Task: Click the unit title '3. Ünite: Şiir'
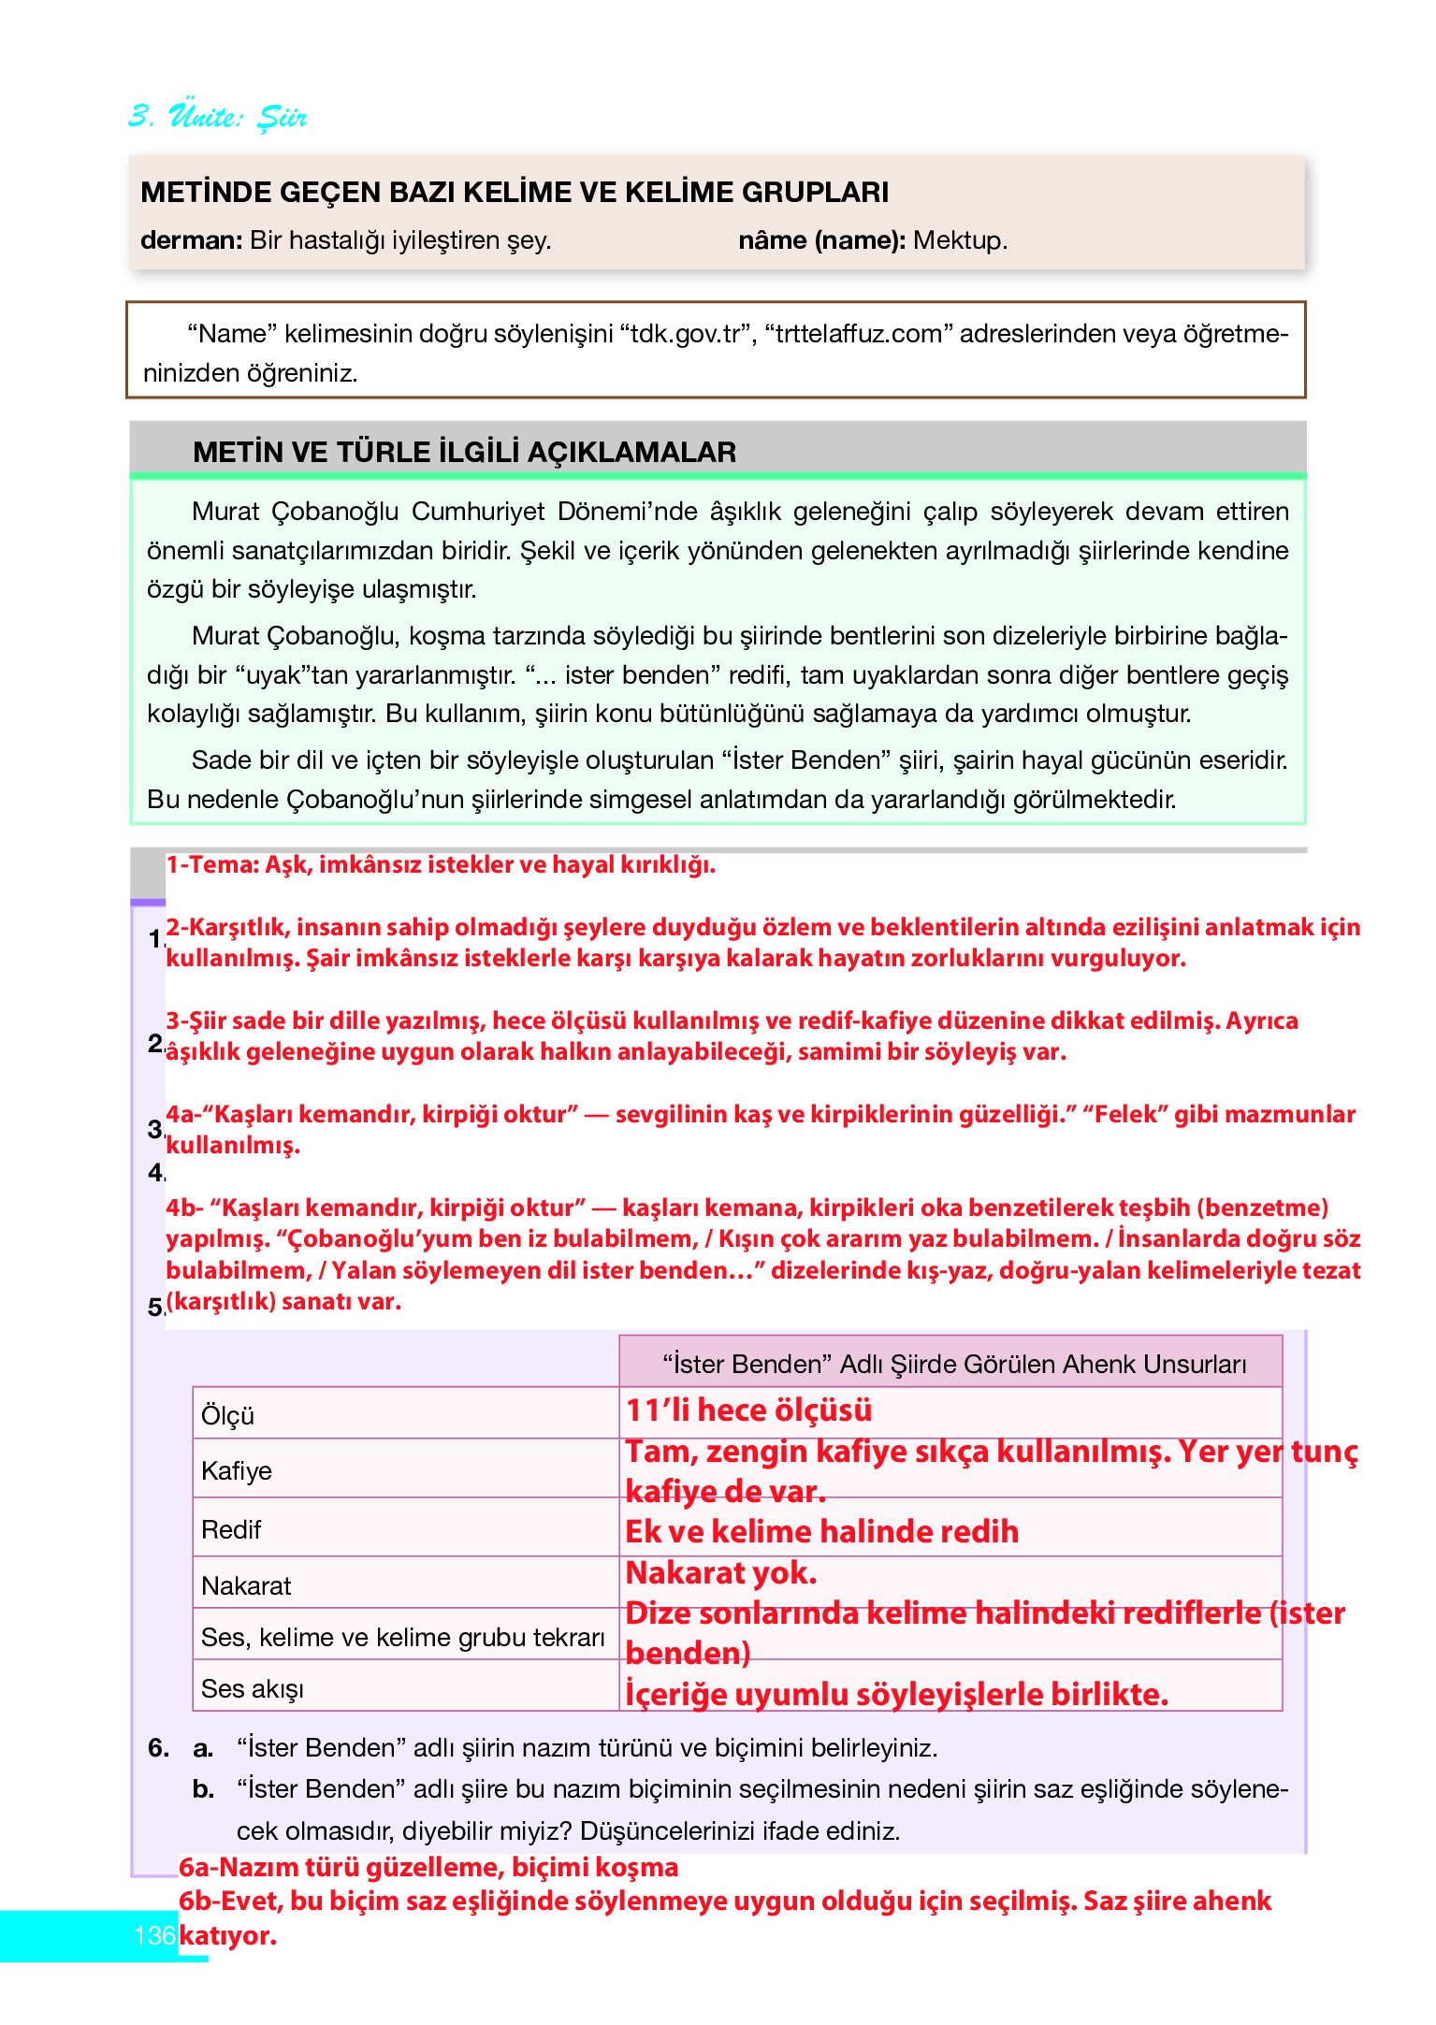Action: [x=217, y=116]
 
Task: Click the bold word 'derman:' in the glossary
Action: [x=192, y=240]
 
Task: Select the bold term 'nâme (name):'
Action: [x=821, y=240]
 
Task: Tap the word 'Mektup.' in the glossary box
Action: [x=961, y=240]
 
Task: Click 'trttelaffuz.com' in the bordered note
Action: [x=859, y=334]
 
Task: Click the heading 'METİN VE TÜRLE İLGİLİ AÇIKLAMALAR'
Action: [x=464, y=452]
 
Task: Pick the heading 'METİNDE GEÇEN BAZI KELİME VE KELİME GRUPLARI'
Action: [x=515, y=192]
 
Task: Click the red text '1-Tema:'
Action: [x=212, y=864]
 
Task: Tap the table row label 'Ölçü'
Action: [x=227, y=1415]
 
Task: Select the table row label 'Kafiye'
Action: [x=237, y=1470]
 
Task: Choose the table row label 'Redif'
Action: [x=231, y=1529]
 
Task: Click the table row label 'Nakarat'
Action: [x=246, y=1585]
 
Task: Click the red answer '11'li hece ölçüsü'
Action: [x=748, y=1410]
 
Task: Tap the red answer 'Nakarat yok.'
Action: [x=721, y=1572]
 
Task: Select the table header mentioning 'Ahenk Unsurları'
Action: [x=954, y=1364]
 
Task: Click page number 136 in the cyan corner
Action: [x=154, y=1935]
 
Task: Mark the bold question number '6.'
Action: [x=159, y=1747]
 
